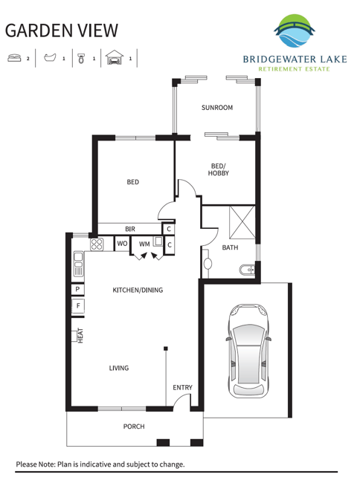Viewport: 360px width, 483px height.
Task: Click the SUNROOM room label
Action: tap(217, 108)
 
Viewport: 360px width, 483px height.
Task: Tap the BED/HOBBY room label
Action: tap(218, 169)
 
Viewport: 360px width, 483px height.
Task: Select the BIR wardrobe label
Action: tap(130, 229)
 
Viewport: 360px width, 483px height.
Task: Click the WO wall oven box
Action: tap(122, 244)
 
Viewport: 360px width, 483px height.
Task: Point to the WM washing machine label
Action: tap(144, 244)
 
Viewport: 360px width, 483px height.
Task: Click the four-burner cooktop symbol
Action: tap(97, 244)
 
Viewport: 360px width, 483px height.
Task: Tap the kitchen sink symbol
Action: tap(78, 264)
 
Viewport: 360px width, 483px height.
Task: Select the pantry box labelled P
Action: tap(77, 289)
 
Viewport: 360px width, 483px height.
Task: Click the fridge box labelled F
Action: tap(78, 305)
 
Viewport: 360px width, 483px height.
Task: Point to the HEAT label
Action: tap(80, 335)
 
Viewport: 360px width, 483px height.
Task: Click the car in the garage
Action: tap(248, 351)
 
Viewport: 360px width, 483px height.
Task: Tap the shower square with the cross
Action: tap(242, 222)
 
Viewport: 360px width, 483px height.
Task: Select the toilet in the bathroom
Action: tap(247, 270)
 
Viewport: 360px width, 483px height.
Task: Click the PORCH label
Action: tap(134, 427)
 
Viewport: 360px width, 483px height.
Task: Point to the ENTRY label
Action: tap(182, 387)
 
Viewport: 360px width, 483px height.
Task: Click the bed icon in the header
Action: tap(14, 58)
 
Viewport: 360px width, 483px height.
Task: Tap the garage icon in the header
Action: tap(115, 57)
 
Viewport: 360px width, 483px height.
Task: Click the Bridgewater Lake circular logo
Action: tap(295, 30)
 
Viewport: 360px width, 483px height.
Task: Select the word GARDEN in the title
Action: tap(39, 30)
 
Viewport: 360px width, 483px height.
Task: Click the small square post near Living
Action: tap(166, 349)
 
